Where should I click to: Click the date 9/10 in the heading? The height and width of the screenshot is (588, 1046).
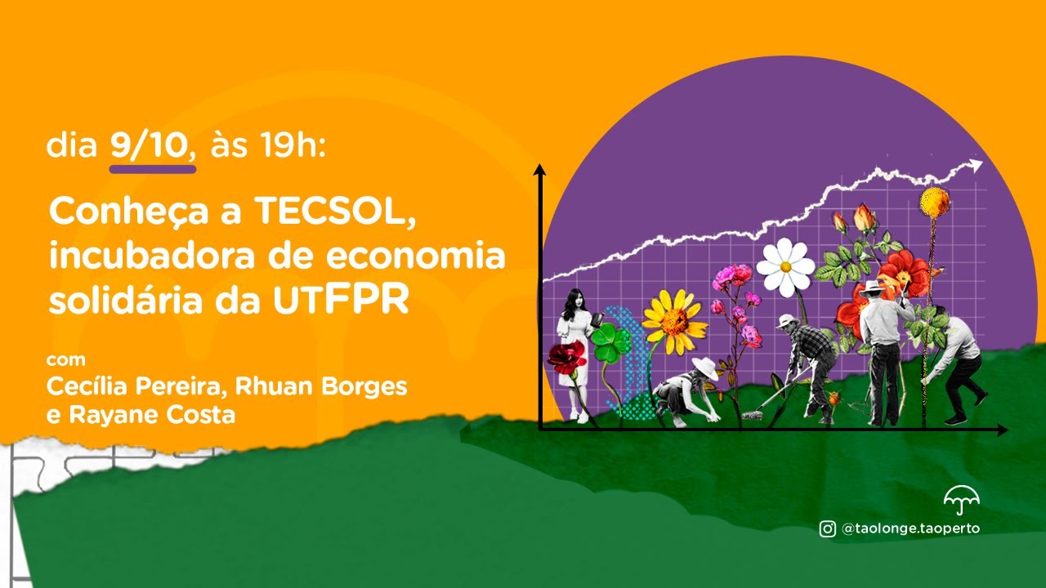(152, 146)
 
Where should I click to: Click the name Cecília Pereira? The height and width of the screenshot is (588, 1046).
(132, 385)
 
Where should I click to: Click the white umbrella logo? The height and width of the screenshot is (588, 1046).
(961, 497)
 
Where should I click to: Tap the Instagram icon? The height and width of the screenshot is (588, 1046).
(827, 528)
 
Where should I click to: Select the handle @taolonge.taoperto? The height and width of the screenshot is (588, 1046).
(910, 528)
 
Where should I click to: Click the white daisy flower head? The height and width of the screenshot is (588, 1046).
(784, 266)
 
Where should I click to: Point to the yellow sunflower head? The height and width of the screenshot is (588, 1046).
(674, 321)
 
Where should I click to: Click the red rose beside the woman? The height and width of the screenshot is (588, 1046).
(566, 357)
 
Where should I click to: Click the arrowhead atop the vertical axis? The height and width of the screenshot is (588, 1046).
(539, 169)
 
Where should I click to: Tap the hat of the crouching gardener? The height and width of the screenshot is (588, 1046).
(704, 367)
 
